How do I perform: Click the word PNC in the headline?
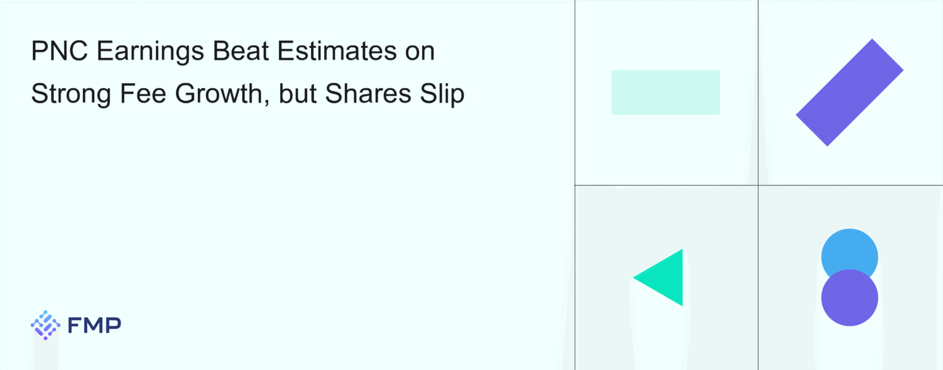pos(60,51)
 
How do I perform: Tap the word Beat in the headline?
pos(241,51)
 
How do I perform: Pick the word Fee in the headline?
pos(143,94)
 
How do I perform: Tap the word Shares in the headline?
pos(368,94)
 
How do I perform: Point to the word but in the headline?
pos(297,94)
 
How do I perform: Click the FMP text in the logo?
pos(95,325)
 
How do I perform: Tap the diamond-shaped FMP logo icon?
pos(45,325)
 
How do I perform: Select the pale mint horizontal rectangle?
pos(666,92)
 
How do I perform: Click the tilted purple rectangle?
pos(849,92)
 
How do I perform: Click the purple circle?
pos(849,297)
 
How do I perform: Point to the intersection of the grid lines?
pos(758,185)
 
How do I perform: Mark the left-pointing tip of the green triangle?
pos(633,278)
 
